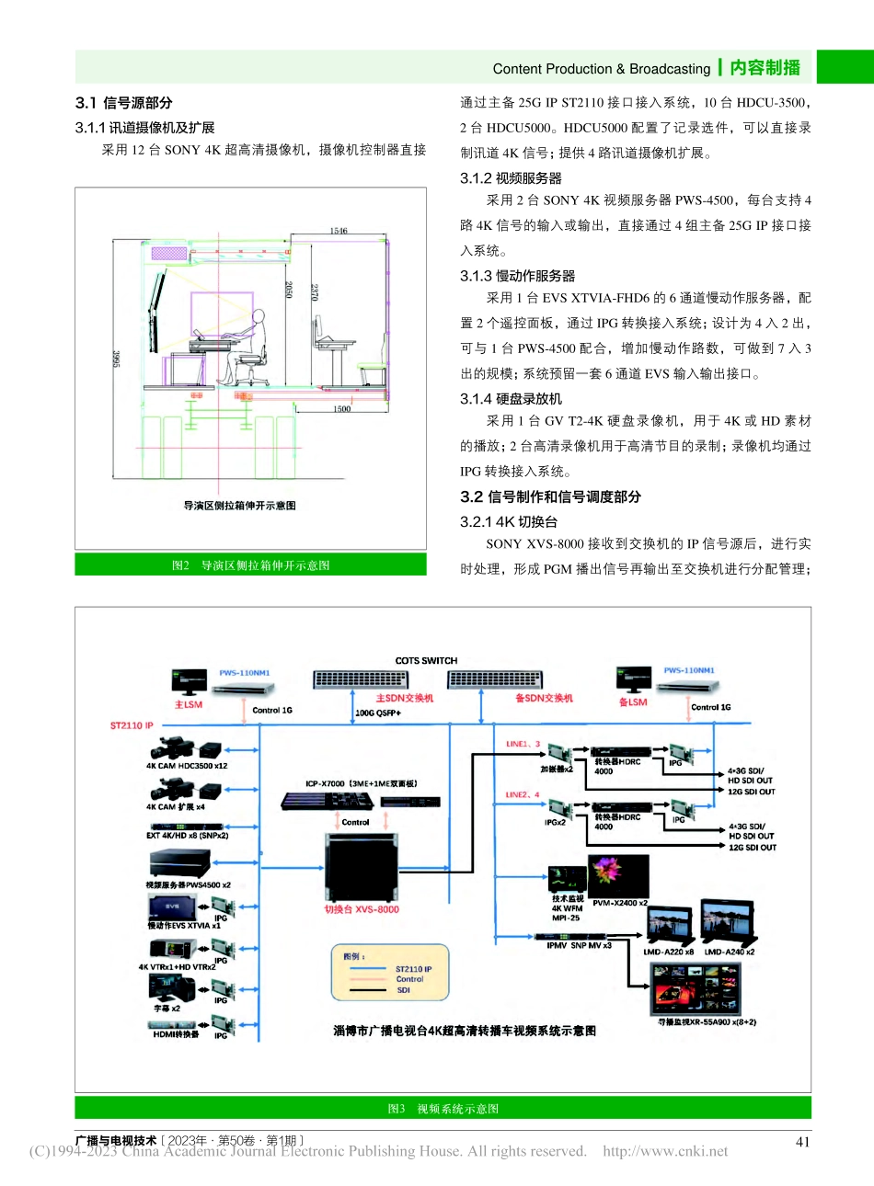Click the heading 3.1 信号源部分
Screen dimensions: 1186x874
coord(123,103)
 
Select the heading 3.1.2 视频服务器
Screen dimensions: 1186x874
coord(511,178)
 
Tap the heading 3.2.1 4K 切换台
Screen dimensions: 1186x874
coord(509,521)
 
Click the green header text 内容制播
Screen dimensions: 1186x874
coord(765,68)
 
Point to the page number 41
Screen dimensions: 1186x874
coord(802,1141)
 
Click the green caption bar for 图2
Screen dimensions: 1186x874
coord(250,565)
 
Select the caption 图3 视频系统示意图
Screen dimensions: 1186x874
coord(443,1109)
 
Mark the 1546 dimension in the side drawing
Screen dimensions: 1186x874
coord(339,231)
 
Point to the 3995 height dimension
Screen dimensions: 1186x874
coord(117,359)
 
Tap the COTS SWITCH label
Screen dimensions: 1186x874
coord(426,661)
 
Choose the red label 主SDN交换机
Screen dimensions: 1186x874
coord(404,698)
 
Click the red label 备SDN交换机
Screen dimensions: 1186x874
coord(544,698)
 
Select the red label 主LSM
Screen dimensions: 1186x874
coord(188,705)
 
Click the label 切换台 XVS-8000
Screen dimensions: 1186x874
coord(362,909)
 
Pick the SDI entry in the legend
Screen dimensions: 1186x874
coord(403,990)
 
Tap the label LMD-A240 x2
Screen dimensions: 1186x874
coord(729,952)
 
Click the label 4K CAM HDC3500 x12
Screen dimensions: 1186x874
coord(187,766)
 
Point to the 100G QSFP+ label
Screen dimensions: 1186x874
coord(378,713)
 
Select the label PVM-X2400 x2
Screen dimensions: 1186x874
coord(620,903)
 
